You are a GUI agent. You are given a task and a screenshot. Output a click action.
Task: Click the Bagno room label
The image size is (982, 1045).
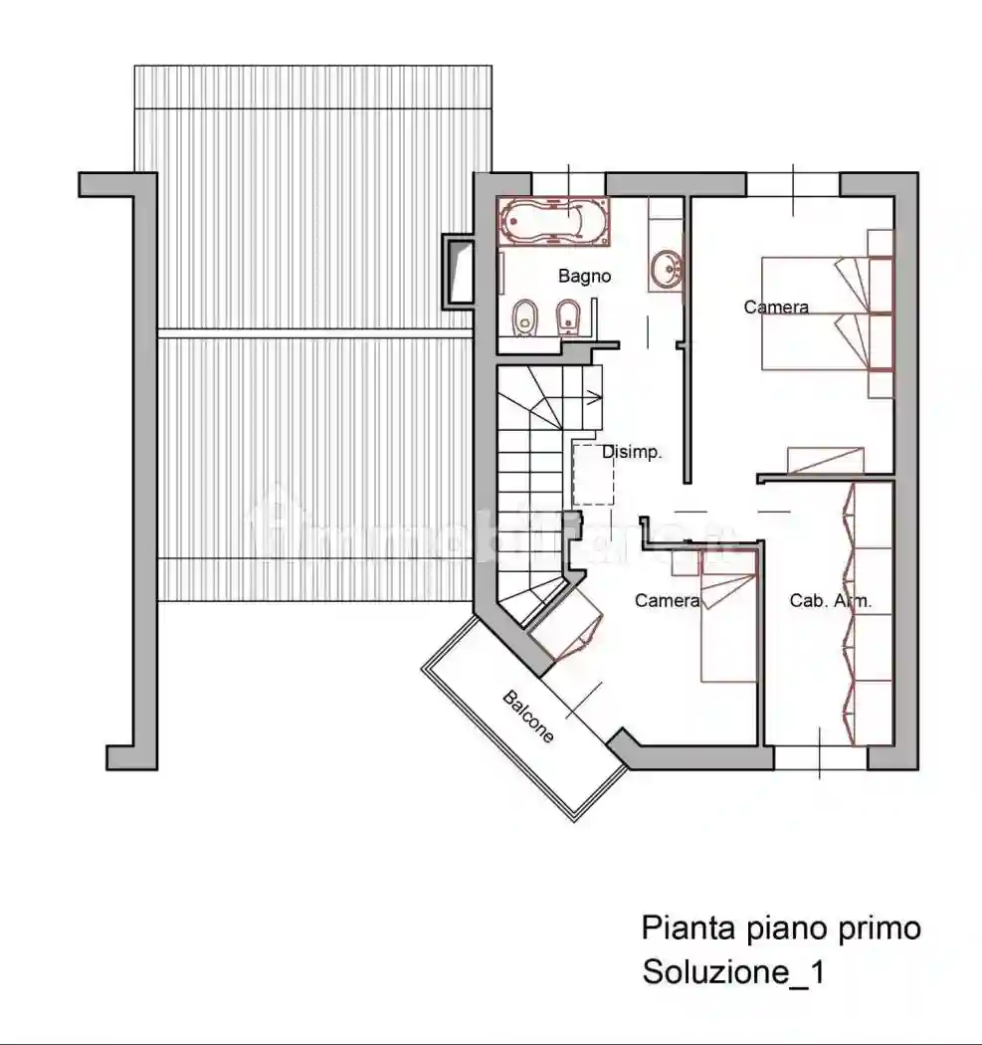coord(584,277)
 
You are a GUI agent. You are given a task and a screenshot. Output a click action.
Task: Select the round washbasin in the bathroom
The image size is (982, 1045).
coord(666,267)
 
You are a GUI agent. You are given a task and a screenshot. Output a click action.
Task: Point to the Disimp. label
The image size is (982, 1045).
coord(632,452)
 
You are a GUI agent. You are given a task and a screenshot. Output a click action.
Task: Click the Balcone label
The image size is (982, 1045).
coord(528,717)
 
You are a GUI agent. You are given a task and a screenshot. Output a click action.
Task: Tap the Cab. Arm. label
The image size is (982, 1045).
coord(831,600)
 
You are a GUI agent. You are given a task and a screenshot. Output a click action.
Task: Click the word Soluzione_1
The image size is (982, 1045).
coord(732,972)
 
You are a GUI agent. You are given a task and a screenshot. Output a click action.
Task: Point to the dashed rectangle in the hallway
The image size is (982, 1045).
coord(593,474)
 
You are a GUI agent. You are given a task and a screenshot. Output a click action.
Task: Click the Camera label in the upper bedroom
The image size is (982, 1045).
coord(776,308)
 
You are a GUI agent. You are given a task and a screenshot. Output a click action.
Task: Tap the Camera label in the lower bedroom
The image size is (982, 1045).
coord(667,600)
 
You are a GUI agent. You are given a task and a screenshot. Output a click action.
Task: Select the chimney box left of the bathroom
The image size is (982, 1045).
coord(460,270)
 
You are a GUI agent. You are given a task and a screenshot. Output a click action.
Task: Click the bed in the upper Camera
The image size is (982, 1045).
coord(816,313)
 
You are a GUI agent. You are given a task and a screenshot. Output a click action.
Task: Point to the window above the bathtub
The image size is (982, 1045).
coord(569,184)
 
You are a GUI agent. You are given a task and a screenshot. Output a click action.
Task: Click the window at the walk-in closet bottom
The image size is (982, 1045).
coord(821,758)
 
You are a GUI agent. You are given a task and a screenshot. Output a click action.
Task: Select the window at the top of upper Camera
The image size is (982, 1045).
coord(793,184)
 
